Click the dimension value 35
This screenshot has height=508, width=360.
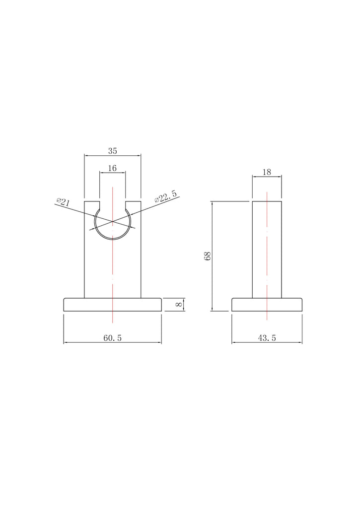pyautogui.click(x=113, y=151)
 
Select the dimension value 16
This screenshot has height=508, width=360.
pyautogui.click(x=112, y=168)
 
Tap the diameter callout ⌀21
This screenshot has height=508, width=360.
pyautogui.click(x=63, y=202)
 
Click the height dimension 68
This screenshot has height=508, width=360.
pyautogui.click(x=208, y=255)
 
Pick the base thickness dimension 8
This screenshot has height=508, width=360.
pyautogui.click(x=179, y=305)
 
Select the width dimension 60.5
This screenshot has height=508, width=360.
pyautogui.click(x=113, y=338)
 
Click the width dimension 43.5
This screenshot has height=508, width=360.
pyautogui.click(x=267, y=338)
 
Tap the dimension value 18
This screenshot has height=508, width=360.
pyautogui.click(x=267, y=172)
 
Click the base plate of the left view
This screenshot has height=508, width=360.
pyautogui.click(x=113, y=305)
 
